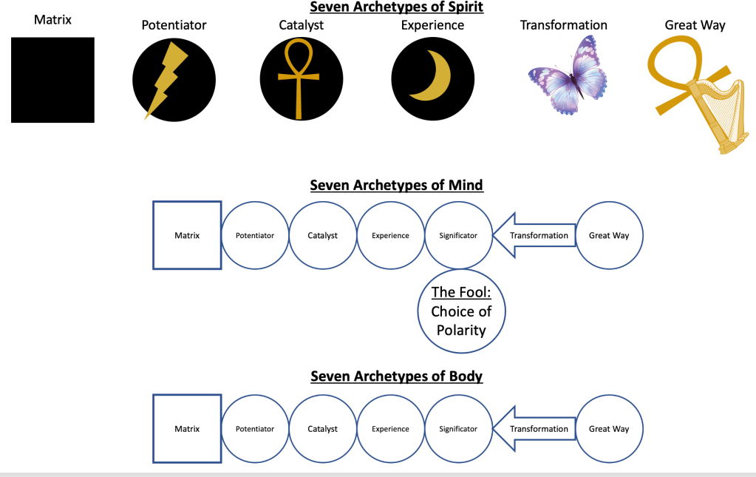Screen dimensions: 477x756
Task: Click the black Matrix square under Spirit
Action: [52, 80]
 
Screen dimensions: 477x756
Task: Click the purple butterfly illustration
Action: [568, 76]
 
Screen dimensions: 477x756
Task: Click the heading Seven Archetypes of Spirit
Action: [395, 7]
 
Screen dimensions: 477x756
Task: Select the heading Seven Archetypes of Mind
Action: [396, 185]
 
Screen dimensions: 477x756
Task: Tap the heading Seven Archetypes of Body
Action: [396, 376]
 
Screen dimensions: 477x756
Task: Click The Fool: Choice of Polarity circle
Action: [461, 311]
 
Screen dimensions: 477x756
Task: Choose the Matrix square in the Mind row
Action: [187, 236]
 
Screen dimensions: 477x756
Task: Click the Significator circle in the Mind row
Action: [458, 236]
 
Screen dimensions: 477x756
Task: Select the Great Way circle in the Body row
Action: [609, 429]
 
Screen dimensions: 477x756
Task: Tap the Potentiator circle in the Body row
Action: [255, 429]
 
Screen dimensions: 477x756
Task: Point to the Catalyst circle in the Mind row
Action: [323, 236]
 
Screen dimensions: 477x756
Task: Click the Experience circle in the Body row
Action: [390, 429]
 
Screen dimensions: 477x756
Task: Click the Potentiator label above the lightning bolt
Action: [174, 25]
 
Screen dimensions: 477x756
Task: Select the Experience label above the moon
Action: [432, 25]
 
